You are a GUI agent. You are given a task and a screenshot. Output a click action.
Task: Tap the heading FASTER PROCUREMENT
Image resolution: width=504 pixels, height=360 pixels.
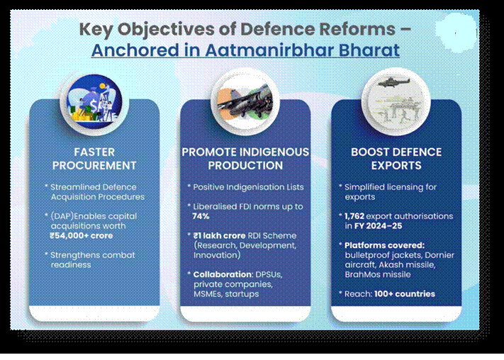[x=94, y=159]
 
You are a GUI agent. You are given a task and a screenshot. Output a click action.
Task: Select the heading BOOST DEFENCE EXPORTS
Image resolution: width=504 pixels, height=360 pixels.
[x=396, y=159]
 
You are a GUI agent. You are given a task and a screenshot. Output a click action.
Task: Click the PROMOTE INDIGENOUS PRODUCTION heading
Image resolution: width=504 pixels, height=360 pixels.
[x=245, y=159]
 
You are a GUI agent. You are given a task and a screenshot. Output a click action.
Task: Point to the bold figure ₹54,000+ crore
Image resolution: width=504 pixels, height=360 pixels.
[x=82, y=235]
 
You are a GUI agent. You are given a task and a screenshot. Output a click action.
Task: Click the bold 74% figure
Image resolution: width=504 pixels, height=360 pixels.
[x=201, y=216]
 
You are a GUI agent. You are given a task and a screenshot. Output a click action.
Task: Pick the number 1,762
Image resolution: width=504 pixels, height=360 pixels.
[x=354, y=216]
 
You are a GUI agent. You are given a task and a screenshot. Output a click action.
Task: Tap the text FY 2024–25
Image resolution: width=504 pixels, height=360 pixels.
[x=379, y=226]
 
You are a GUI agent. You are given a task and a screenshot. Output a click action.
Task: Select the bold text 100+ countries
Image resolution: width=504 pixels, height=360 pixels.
[x=405, y=294]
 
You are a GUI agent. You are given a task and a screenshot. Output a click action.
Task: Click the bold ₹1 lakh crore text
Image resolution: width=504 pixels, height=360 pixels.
[x=220, y=235]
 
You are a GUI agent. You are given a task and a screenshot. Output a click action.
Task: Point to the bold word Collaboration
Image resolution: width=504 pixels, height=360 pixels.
[x=223, y=274]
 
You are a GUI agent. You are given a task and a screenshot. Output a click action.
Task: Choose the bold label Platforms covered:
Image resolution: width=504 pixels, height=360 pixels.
[x=384, y=245]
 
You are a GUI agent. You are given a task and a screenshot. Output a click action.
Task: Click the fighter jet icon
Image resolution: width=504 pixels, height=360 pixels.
[x=245, y=102]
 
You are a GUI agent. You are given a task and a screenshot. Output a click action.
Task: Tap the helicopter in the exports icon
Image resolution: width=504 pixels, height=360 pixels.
[x=394, y=83]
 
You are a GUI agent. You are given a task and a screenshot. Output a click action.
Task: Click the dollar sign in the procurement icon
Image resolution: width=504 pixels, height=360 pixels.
[x=94, y=105]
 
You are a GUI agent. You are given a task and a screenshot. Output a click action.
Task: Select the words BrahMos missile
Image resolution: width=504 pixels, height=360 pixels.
[x=378, y=274]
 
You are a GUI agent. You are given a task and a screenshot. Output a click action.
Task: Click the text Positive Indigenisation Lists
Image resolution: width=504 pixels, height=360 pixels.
[x=248, y=187]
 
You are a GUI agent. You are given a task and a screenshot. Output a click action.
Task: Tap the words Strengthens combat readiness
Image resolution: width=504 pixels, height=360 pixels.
[x=93, y=259]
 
